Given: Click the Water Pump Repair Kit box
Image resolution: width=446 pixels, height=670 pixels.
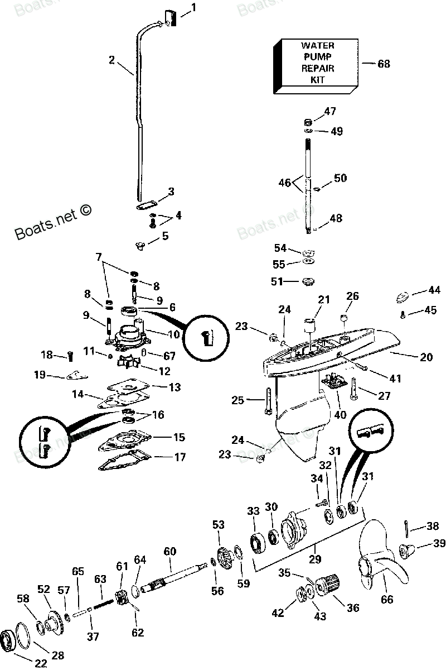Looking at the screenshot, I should [315, 66].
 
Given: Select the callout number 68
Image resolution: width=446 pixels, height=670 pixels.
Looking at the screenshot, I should [384, 64].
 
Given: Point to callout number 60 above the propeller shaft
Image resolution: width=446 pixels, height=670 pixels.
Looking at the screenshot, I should [169, 552].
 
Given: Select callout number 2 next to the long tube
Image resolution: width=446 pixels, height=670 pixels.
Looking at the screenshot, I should [111, 60].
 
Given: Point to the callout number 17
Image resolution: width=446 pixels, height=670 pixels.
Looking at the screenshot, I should [180, 457].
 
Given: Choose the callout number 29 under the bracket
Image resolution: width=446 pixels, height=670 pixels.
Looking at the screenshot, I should [316, 559].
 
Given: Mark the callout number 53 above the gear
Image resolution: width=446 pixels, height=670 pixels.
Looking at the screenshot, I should [218, 524].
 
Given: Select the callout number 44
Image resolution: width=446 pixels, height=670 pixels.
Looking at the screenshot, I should [434, 290].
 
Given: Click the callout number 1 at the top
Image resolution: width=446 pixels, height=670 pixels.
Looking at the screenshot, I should [193, 7].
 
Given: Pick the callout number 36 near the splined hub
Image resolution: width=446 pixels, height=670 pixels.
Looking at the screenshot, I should [353, 608].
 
